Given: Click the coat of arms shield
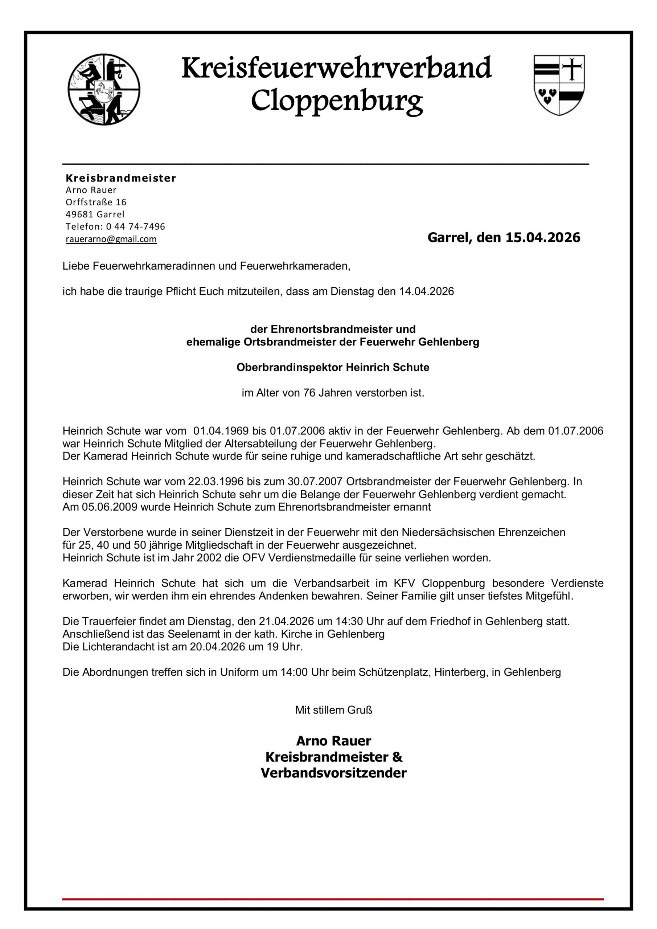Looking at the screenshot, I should click(559, 85).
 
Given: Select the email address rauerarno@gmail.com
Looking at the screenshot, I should click(111, 239).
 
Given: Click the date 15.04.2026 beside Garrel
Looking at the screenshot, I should click(543, 237).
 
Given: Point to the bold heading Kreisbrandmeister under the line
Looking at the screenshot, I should click(121, 179).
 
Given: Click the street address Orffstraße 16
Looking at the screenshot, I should click(96, 202).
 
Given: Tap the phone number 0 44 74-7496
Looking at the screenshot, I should click(136, 226).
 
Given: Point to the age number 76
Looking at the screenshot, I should click(309, 393).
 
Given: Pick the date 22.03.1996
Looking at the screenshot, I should click(215, 482).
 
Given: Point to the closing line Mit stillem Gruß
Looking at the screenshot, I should click(334, 710).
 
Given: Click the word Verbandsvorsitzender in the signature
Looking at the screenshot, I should click(334, 773).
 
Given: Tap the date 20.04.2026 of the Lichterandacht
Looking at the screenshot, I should click(218, 647).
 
